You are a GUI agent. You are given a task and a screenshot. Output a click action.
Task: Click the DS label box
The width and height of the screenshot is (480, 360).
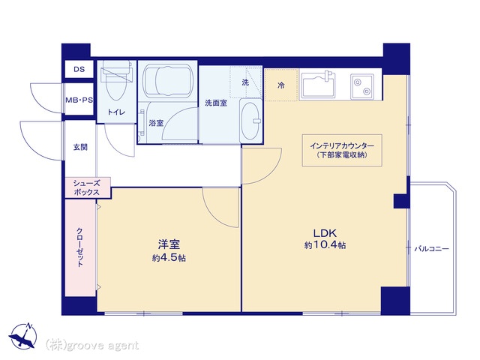(x=79, y=69)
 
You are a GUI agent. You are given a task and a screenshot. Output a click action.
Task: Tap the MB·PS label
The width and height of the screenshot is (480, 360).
(x=79, y=100)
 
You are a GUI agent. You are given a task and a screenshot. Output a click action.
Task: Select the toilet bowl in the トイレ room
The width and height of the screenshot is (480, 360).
(x=117, y=81)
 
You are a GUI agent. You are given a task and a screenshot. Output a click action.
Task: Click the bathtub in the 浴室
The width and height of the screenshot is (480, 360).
(x=168, y=81)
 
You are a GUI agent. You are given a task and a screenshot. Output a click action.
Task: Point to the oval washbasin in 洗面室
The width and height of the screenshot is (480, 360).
(x=251, y=120)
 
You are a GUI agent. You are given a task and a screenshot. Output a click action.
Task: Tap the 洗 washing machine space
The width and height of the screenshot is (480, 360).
(x=246, y=82)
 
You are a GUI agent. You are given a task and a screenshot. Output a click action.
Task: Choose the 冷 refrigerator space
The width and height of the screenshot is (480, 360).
(x=281, y=85)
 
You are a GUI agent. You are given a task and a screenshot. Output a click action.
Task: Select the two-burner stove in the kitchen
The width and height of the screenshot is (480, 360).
(x=362, y=86)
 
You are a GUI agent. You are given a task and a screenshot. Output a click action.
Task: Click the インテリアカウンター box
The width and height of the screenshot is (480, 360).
(x=342, y=150)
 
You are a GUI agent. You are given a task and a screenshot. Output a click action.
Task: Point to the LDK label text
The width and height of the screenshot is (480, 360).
(x=325, y=233)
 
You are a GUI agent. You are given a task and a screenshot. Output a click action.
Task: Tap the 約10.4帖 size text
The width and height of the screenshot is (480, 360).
(x=325, y=245)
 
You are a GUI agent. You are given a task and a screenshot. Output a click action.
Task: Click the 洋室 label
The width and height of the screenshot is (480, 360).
(x=169, y=244)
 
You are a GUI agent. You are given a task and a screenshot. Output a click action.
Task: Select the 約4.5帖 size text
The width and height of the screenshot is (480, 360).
(x=169, y=258)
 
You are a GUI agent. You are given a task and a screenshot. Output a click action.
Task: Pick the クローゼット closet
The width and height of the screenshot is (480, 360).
(x=80, y=248)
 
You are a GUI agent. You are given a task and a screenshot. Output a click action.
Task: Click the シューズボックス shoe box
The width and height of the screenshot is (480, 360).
(x=88, y=187)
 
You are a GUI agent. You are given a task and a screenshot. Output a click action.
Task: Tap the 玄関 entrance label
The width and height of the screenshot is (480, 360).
(x=80, y=147)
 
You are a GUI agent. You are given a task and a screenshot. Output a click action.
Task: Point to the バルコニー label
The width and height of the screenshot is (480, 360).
(x=432, y=248)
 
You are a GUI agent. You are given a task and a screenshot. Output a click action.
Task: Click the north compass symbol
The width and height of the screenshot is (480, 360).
(x=23, y=335)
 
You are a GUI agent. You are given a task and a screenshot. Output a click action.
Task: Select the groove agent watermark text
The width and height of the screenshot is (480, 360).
(x=92, y=345)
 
